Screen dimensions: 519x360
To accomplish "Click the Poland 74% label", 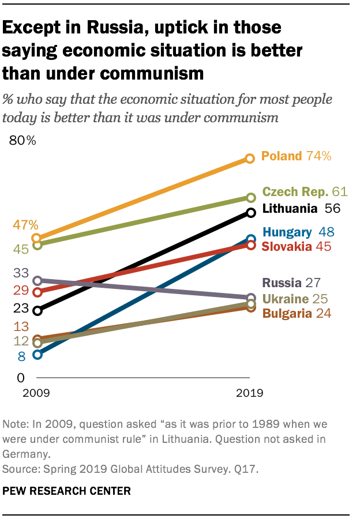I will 296,156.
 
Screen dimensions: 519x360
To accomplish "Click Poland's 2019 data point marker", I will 250,158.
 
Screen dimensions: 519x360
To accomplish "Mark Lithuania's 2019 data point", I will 250,213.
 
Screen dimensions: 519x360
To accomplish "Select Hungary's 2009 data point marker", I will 37,355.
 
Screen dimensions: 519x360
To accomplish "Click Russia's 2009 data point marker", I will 37,281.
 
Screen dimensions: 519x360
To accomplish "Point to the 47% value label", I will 27,225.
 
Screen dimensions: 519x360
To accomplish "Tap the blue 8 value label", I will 21,357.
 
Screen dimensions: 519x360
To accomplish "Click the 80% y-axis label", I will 22,140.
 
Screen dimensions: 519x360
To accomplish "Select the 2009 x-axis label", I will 36,394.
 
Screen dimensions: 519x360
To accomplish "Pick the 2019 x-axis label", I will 249,394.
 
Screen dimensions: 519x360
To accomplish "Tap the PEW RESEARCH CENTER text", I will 66,491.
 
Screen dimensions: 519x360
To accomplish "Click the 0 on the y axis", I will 20,378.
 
